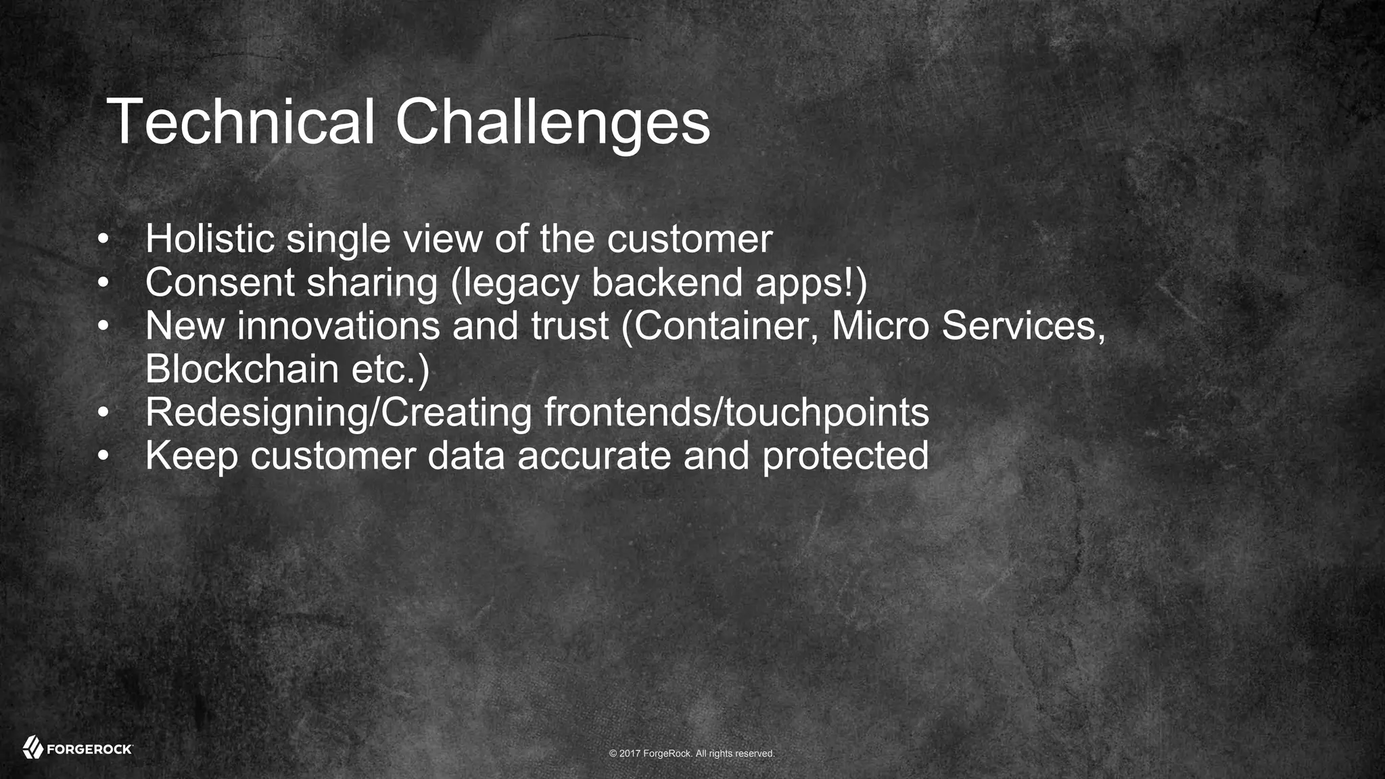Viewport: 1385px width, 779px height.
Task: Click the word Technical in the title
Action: tap(240, 122)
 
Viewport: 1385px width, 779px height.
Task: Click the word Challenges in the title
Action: tap(553, 122)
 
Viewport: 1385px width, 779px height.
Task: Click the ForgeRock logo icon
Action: tap(32, 747)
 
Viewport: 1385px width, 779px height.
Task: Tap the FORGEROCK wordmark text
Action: tap(89, 749)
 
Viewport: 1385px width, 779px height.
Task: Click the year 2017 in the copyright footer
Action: tap(630, 753)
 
